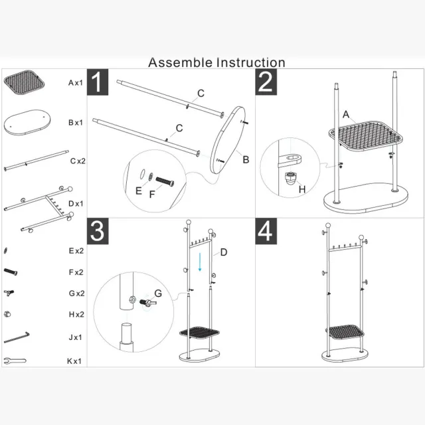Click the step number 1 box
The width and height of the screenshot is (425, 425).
(98, 82)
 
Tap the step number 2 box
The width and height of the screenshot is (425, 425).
(266, 82)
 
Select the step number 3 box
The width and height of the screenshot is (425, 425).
(98, 231)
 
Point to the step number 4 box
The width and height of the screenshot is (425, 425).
(266, 231)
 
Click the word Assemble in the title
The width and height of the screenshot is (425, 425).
(180, 62)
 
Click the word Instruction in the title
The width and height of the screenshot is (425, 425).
(251, 62)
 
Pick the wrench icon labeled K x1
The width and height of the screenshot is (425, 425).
(15, 361)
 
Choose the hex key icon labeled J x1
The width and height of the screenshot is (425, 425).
(17, 337)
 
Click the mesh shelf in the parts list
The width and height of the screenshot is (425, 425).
(24, 82)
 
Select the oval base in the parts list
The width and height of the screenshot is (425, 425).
(27, 122)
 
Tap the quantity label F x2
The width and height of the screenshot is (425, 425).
(76, 272)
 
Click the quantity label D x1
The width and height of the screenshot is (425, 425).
(76, 204)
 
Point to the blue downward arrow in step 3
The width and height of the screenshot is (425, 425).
(200, 262)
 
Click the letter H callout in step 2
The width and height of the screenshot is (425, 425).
(302, 189)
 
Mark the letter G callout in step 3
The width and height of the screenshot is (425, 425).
(158, 294)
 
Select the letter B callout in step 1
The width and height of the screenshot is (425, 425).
(246, 159)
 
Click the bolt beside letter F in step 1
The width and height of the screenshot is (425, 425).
(165, 181)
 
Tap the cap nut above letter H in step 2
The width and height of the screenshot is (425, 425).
(290, 177)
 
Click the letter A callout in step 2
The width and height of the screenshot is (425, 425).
(346, 114)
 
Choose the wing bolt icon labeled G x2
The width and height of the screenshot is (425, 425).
(9, 293)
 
